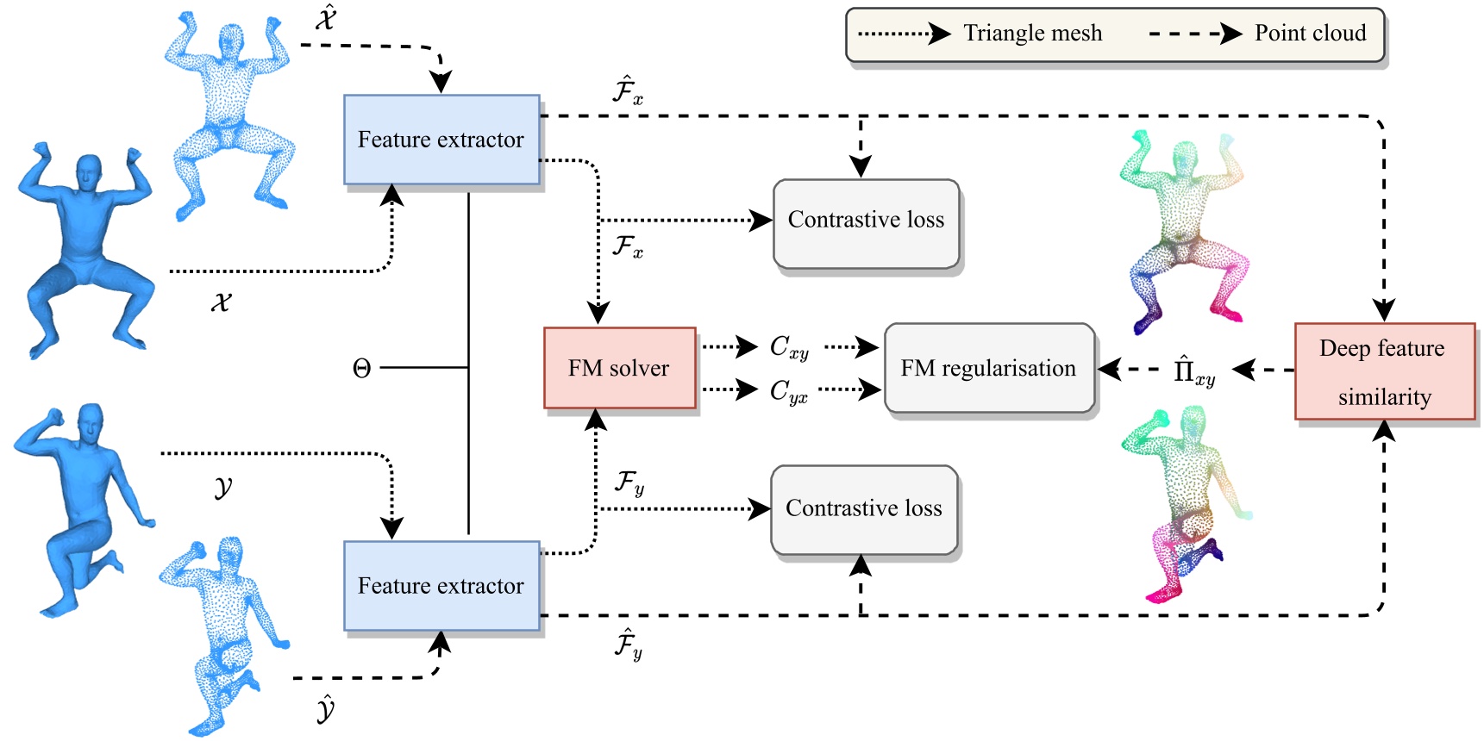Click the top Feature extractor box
click(441, 140)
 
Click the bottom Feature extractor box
click(441, 586)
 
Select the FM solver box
click(619, 368)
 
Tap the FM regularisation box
click(989, 368)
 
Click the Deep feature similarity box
click(1384, 371)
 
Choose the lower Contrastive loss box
click(864, 509)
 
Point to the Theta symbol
click(362, 369)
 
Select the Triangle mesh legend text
click(1032, 34)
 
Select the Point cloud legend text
click(1310, 34)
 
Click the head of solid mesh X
click(89, 173)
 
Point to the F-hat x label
click(627, 90)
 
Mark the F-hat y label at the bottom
click(628, 644)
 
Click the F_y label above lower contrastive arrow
click(629, 483)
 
